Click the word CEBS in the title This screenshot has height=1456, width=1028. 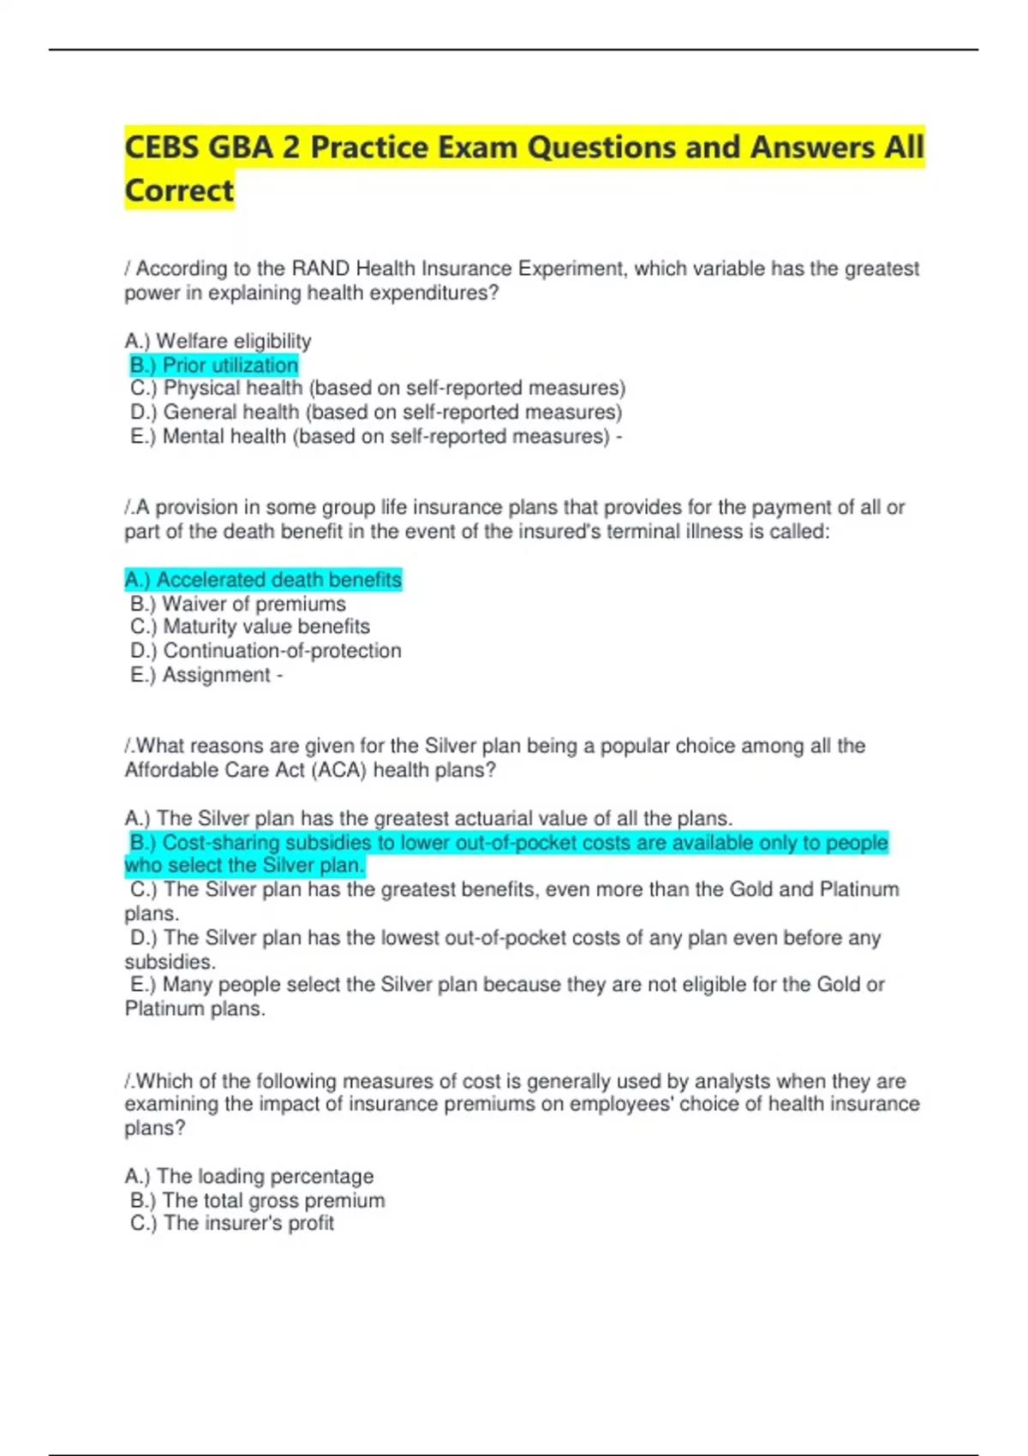162,147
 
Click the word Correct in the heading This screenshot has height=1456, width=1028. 179,190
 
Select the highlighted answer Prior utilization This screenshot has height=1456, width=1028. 214,366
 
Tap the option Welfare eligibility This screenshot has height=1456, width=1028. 218,341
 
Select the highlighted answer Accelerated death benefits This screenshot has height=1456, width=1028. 263,580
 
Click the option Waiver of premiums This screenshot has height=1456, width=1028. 238,604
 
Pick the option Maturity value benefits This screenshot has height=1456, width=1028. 250,627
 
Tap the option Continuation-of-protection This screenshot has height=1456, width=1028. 266,651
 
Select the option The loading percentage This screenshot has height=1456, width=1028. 249,1176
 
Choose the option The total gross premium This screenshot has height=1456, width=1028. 258,1200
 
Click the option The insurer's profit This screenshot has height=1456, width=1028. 232,1223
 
